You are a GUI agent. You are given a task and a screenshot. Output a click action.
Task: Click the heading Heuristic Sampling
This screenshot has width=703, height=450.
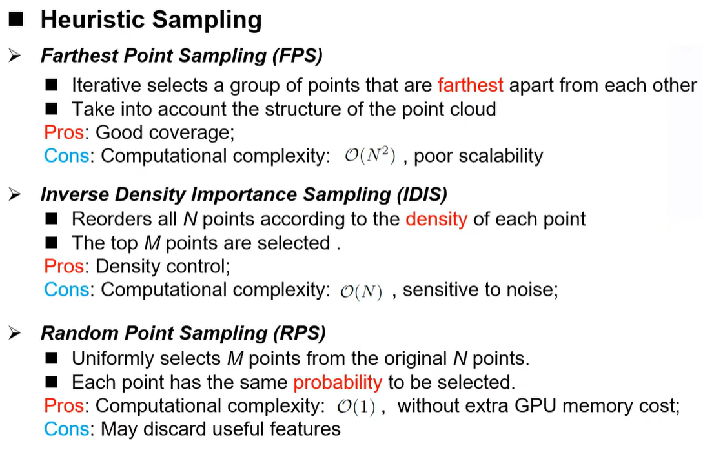(x=151, y=20)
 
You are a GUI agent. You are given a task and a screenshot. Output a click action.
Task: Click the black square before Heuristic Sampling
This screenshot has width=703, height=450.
(x=15, y=19)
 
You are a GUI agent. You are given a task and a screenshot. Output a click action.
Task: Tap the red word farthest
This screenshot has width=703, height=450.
(x=471, y=85)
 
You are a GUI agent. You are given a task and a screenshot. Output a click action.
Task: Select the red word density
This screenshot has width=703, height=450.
(x=436, y=219)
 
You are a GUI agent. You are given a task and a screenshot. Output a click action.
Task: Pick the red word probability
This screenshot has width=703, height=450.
(x=338, y=382)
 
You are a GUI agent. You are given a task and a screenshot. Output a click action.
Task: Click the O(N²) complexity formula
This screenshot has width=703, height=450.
(x=370, y=156)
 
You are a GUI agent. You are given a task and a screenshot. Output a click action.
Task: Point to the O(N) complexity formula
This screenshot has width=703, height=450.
(x=361, y=291)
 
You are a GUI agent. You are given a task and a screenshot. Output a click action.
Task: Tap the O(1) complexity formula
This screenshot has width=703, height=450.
(x=356, y=407)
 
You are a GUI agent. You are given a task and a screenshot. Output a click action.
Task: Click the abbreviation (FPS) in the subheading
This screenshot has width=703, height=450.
(x=298, y=56)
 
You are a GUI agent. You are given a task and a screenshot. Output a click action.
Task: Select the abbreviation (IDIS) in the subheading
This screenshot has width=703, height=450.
(x=422, y=194)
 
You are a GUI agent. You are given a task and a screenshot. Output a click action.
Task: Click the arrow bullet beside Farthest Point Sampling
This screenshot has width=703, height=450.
(x=15, y=56)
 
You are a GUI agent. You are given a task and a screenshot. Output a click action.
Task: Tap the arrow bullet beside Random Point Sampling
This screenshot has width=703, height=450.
(x=15, y=333)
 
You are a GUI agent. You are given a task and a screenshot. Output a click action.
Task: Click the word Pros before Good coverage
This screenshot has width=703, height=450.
(x=64, y=132)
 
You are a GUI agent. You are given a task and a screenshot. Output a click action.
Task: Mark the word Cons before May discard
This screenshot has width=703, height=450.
(x=66, y=429)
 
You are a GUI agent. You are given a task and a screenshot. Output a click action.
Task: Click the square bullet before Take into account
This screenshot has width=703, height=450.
(x=52, y=109)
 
